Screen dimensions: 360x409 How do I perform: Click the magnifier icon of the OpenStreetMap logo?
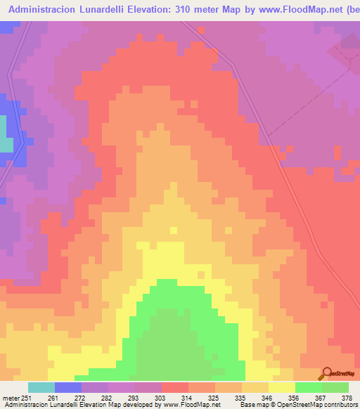pos(326,373)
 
